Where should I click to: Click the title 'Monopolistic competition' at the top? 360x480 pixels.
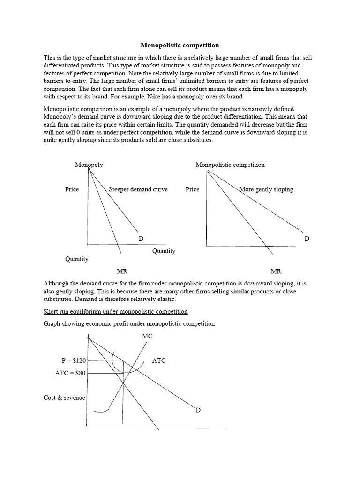pos(180,45)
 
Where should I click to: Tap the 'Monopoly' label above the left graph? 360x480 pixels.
pos(89,165)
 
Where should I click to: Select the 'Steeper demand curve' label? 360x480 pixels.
pos(138,189)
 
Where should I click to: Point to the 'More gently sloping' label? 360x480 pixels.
pos(266,189)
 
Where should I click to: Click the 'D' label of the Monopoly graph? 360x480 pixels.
pos(141,239)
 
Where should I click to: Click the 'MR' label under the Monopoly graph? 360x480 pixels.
pos(122,271)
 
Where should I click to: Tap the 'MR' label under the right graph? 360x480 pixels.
pos(276,271)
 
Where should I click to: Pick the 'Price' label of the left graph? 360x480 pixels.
pos(72,189)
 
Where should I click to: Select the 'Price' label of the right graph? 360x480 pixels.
pos(192,189)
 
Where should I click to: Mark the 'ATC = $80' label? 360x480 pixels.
pos(70,374)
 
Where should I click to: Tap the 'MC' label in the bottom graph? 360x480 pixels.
pos(147,337)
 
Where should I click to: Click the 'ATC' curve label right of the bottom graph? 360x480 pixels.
pos(159,361)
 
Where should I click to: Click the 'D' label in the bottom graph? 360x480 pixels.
pos(198,410)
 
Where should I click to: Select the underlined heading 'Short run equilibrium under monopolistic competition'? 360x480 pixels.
pos(115,312)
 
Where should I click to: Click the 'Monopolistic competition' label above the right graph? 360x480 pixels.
pos(230,165)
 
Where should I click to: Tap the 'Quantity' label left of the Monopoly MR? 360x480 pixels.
pos(76,259)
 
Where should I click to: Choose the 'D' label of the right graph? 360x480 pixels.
pos(307,239)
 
